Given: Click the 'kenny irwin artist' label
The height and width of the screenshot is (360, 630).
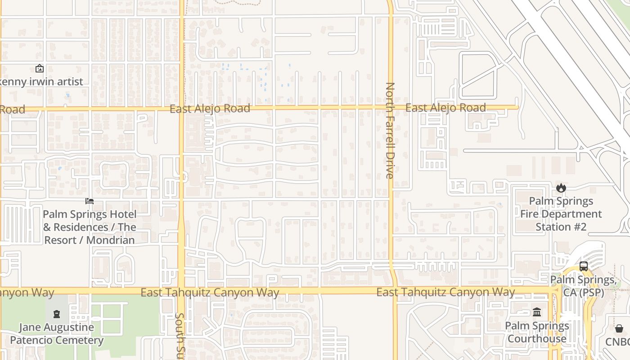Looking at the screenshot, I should pyautogui.click(x=41, y=81).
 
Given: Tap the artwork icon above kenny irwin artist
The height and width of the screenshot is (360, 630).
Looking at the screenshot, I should pyautogui.click(x=40, y=69).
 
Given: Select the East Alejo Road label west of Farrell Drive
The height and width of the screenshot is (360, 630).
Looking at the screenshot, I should pyautogui.click(x=210, y=108).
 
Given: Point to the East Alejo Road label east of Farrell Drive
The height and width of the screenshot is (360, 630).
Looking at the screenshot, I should pyautogui.click(x=445, y=108).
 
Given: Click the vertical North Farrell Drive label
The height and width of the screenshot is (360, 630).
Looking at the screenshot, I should pyautogui.click(x=390, y=130).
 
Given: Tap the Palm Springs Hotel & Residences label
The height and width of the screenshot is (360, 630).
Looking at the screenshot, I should pyautogui.click(x=90, y=227).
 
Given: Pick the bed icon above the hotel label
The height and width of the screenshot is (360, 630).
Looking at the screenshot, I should pyautogui.click(x=90, y=201).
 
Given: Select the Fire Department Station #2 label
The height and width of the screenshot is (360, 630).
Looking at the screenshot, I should pyautogui.click(x=561, y=214).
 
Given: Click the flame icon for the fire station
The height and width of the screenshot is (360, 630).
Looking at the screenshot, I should pyautogui.click(x=561, y=188).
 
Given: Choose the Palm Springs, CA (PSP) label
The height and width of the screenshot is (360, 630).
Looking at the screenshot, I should pyautogui.click(x=584, y=286).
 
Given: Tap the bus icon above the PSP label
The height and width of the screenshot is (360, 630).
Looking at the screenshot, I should pyautogui.click(x=584, y=266).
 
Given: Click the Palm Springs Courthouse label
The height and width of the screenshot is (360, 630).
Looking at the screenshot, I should pyautogui.click(x=537, y=332).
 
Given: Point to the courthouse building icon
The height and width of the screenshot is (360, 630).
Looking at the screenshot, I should pyautogui.click(x=537, y=312).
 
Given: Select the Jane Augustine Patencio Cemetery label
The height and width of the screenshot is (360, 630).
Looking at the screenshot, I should pyautogui.click(x=57, y=333).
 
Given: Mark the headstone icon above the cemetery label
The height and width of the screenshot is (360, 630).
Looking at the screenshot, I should pyautogui.click(x=57, y=314).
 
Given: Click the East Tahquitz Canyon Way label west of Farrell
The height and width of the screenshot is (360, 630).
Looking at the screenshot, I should pyautogui.click(x=210, y=292).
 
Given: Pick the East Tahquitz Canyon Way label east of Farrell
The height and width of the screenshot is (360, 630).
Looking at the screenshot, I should pyautogui.click(x=445, y=292).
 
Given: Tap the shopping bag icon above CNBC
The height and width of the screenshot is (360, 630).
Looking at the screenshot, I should pyautogui.click(x=619, y=328).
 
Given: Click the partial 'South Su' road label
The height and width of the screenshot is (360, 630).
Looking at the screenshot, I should pyautogui.click(x=180, y=335).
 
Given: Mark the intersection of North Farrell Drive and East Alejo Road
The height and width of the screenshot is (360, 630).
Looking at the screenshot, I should pyautogui.click(x=390, y=108).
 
